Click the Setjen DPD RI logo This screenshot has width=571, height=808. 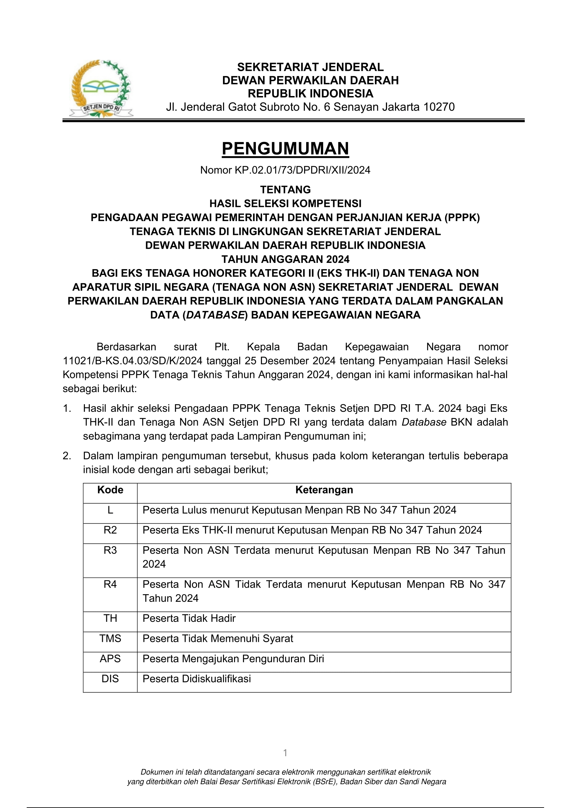click(x=101, y=89)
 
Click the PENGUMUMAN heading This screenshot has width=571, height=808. click(x=285, y=149)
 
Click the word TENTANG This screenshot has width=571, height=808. click(x=285, y=190)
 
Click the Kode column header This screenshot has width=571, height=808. click(x=110, y=490)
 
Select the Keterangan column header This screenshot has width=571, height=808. click(x=324, y=490)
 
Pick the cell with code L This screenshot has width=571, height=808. click(x=110, y=510)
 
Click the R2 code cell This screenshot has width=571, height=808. click(x=110, y=530)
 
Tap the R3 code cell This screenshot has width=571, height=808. click(x=110, y=550)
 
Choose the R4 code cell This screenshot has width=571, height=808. click(x=110, y=584)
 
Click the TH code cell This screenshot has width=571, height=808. click(x=110, y=618)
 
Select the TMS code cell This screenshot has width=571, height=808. click(x=110, y=638)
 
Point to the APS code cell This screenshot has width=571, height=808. click(x=110, y=658)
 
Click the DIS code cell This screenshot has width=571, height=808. click(x=110, y=678)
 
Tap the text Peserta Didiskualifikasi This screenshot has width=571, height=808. click(x=196, y=678)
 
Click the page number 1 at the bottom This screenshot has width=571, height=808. click(x=285, y=753)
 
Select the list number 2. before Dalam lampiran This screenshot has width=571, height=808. click(x=67, y=456)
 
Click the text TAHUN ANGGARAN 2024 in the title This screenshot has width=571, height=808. click(x=285, y=259)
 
